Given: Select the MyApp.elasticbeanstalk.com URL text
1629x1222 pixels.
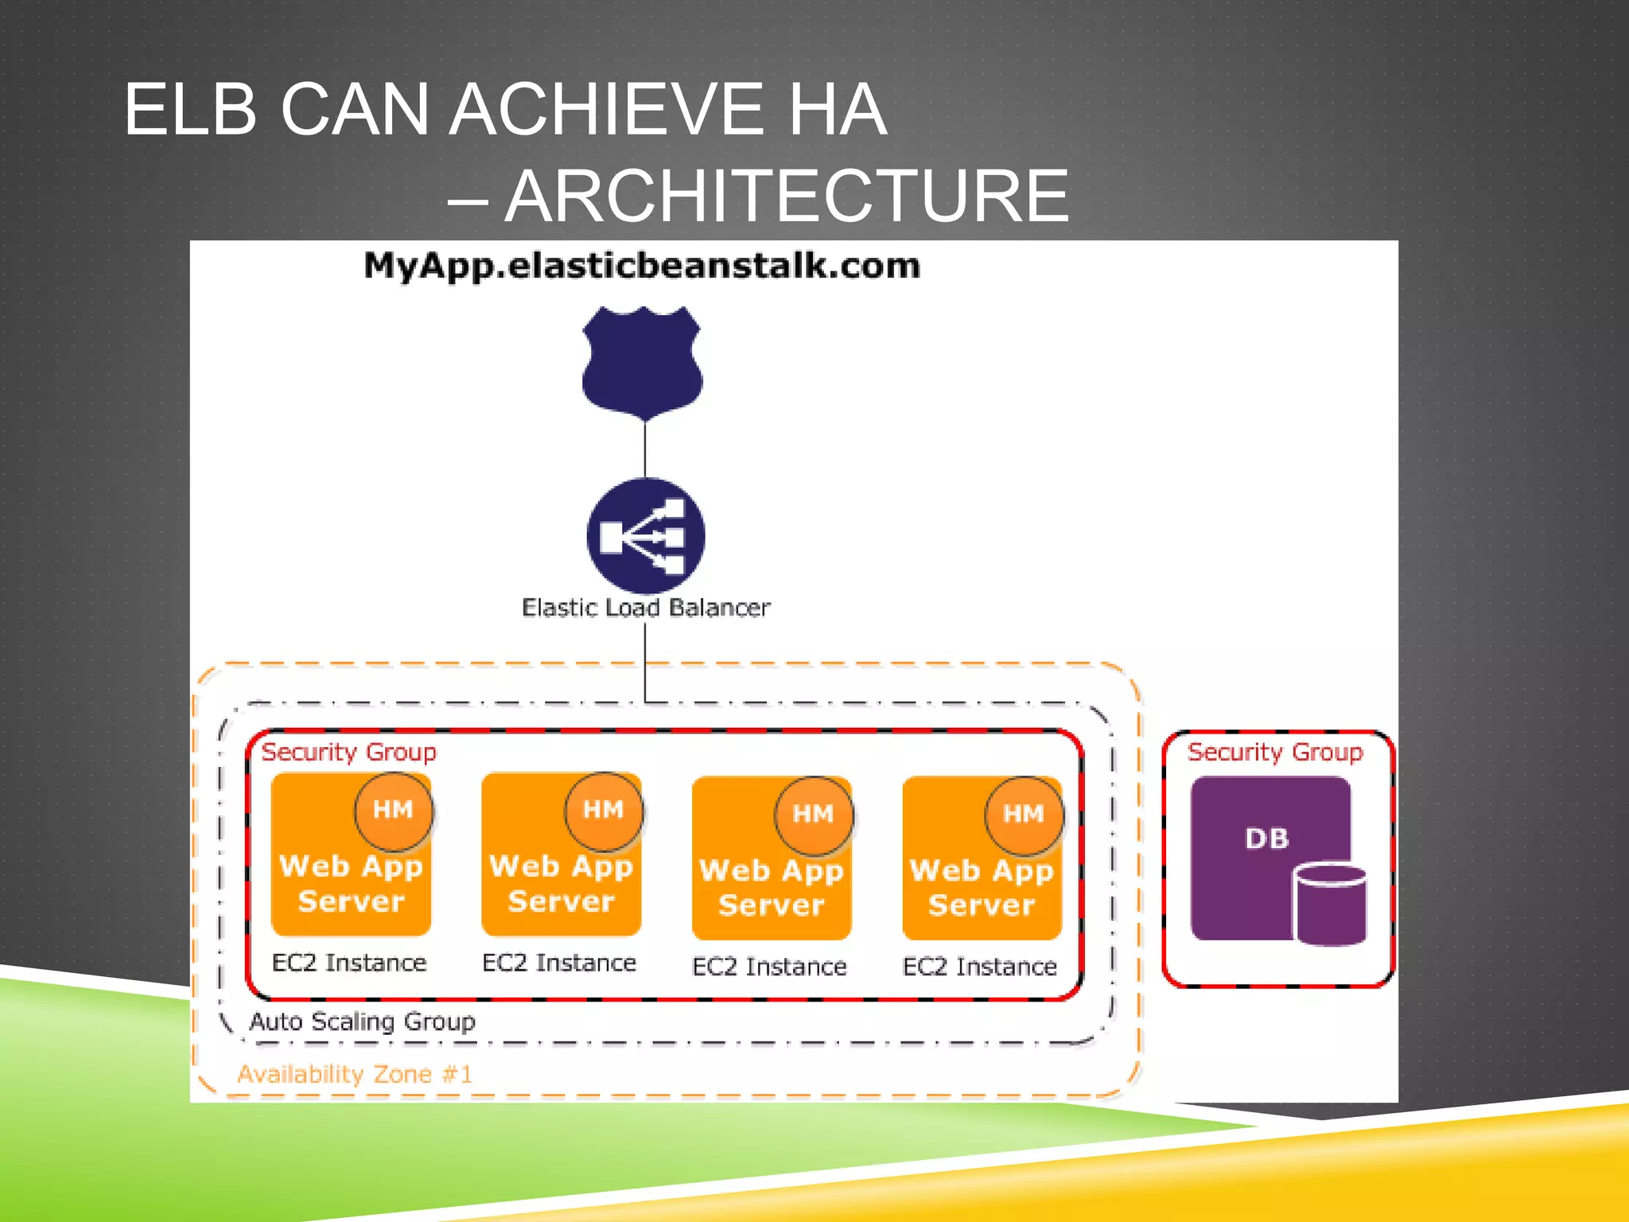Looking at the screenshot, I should pos(641,266).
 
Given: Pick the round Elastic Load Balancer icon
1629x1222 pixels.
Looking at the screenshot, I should pos(645,535).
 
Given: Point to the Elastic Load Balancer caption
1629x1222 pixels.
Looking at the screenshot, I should pos(645,608).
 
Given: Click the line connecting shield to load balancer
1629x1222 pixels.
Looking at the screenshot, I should pos(645,449).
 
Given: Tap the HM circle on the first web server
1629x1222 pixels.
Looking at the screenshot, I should pos(393,810).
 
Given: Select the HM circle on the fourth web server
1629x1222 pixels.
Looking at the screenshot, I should pos(1023,814).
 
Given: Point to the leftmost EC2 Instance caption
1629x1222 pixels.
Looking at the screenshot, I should pos(349,963).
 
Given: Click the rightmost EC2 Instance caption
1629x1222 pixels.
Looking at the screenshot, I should pos(979,967).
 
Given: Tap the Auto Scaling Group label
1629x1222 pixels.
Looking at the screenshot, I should pos(362,1022).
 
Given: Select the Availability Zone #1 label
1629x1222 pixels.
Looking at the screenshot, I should pos(355,1074).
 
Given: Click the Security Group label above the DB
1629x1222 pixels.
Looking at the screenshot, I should pos(1274,752).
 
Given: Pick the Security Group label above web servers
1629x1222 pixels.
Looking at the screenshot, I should pos(348,752).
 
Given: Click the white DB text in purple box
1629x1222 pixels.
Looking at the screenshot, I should pos(1266,839).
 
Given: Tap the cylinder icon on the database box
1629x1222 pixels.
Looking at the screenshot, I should pos(1330,905).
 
